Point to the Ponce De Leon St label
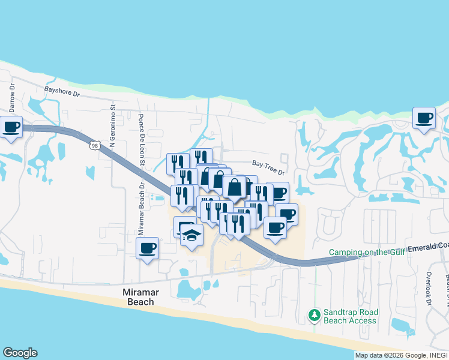click(141, 140)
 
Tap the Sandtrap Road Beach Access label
click(351, 316)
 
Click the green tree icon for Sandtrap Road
click(314, 314)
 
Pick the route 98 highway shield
click(95, 146)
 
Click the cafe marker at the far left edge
click(11, 127)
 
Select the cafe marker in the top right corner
click(424, 118)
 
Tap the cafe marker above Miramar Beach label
click(148, 248)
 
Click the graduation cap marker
click(192, 235)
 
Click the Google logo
click(20, 353)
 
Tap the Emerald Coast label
click(427, 247)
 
